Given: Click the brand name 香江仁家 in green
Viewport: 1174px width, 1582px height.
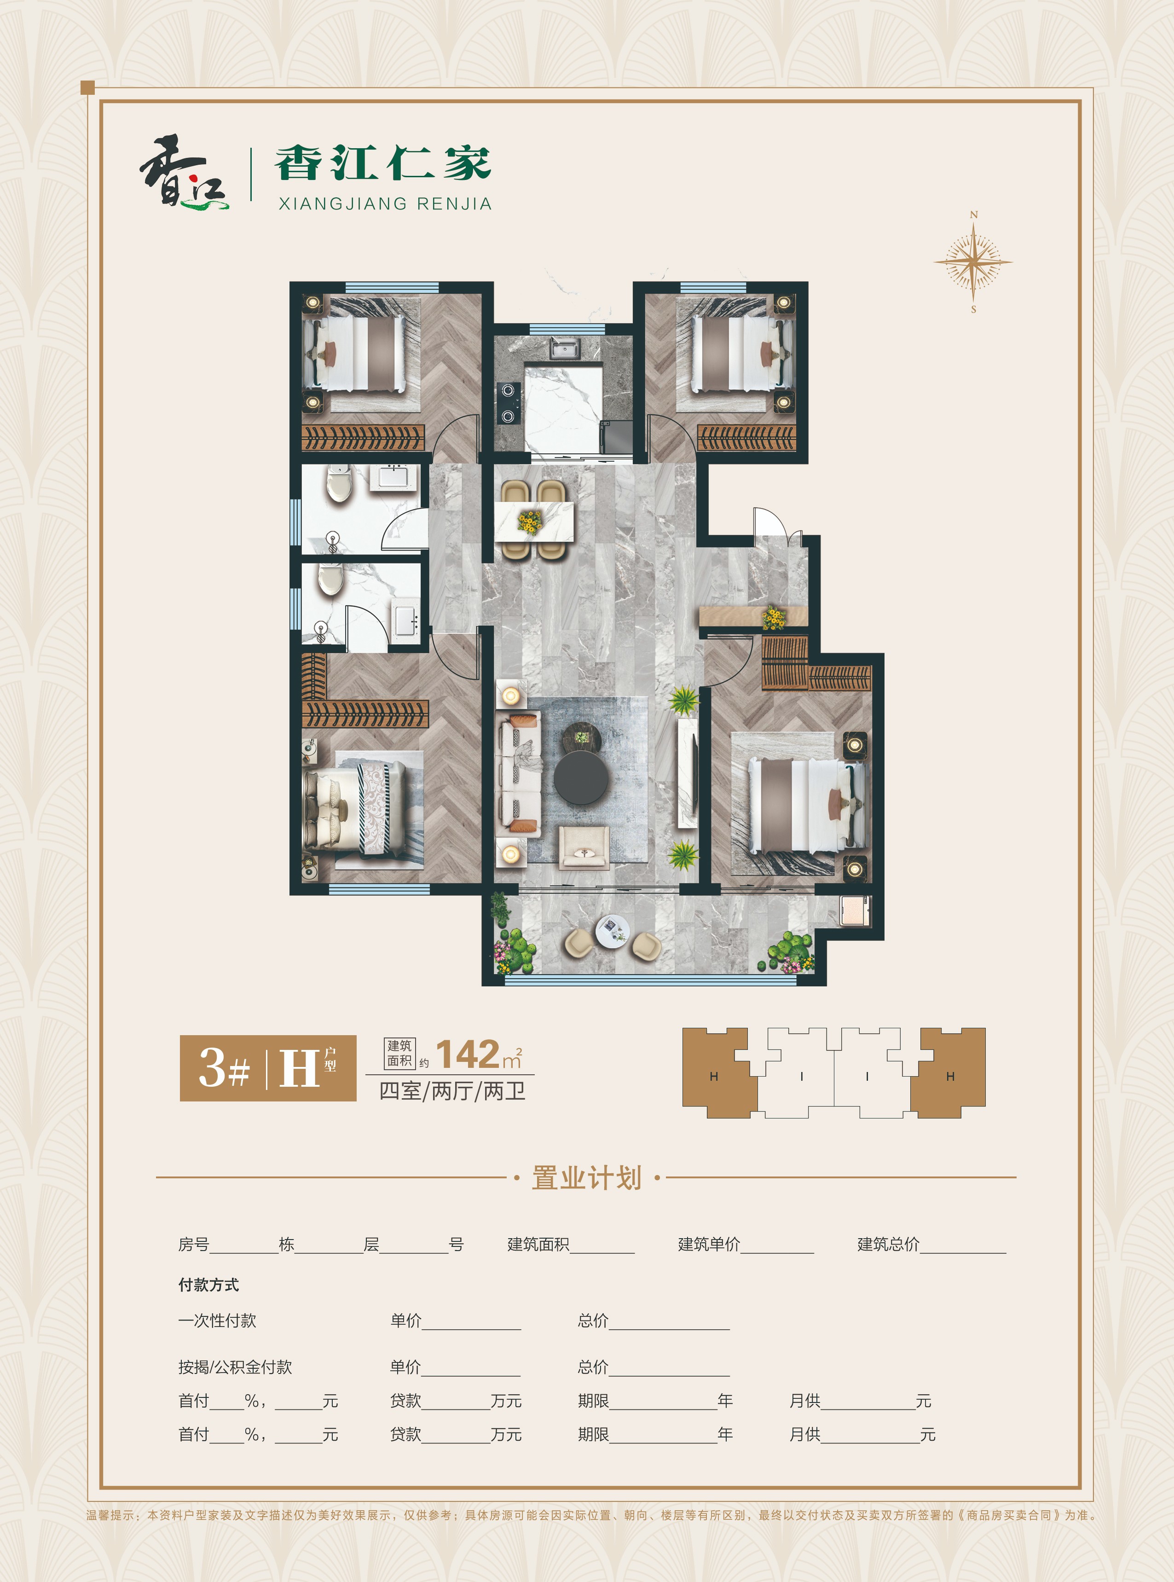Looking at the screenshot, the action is click(x=383, y=163).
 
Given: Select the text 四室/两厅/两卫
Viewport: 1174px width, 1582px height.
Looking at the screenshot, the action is click(x=453, y=1091).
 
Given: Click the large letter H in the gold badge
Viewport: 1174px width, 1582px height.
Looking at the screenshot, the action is click(x=299, y=1068).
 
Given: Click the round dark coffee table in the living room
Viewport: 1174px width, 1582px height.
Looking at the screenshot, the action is click(x=581, y=778).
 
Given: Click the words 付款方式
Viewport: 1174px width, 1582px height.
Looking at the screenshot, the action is click(x=208, y=1285).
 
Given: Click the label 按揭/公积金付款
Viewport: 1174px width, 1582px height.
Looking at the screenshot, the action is click(x=235, y=1367).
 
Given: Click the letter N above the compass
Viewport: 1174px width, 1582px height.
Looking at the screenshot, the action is click(x=974, y=214).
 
